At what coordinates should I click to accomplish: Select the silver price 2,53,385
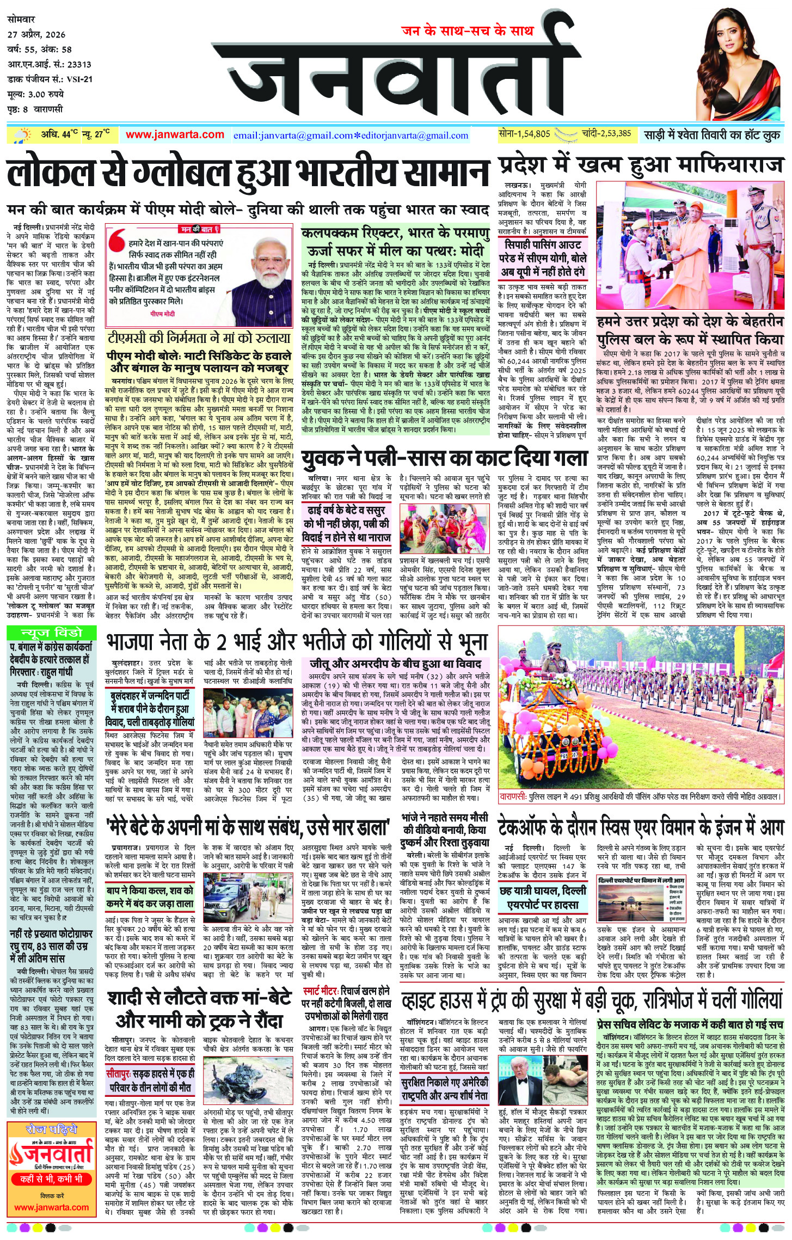(x=609, y=133)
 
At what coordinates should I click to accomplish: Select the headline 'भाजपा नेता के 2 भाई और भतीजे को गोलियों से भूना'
(x=297, y=642)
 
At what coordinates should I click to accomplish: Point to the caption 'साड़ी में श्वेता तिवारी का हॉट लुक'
(x=712, y=134)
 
